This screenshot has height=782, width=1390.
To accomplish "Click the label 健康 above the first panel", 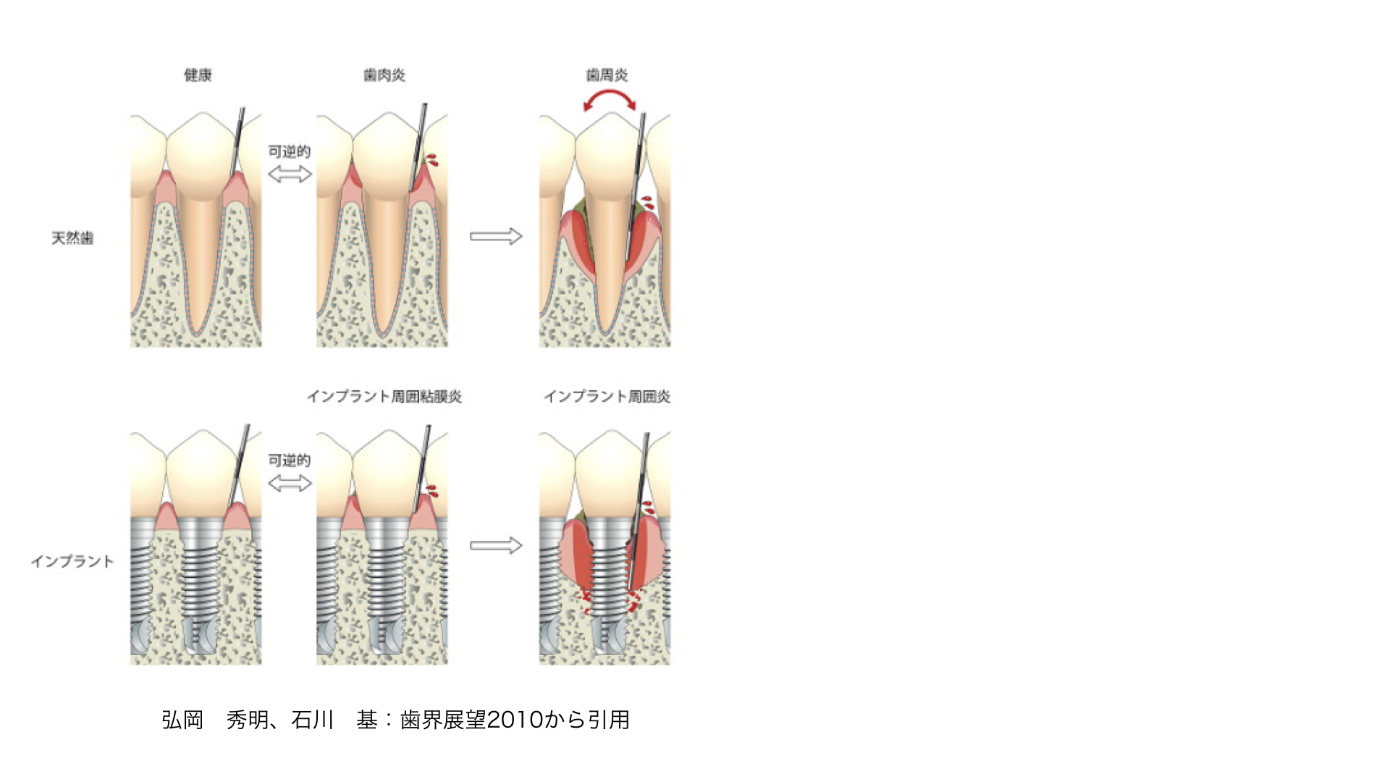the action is pyautogui.click(x=198, y=75).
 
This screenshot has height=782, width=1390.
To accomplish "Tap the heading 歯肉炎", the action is pyautogui.click(x=384, y=75).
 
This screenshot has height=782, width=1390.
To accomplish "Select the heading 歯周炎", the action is pyautogui.click(x=607, y=75).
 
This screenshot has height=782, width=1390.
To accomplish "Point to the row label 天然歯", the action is pyautogui.click(x=72, y=238).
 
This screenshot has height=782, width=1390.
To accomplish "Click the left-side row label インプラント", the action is pyautogui.click(x=72, y=562).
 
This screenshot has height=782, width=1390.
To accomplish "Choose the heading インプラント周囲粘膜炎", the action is pyautogui.click(x=384, y=397).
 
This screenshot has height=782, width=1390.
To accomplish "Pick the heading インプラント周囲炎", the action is pyautogui.click(x=607, y=397).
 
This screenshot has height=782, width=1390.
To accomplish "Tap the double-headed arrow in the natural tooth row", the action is pyautogui.click(x=290, y=174).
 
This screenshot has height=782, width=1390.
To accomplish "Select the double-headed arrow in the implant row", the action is pyautogui.click(x=290, y=483).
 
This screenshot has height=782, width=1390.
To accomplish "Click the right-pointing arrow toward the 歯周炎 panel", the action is pyautogui.click(x=496, y=236).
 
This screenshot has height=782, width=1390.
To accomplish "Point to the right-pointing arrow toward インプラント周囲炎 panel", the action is pyautogui.click(x=496, y=545).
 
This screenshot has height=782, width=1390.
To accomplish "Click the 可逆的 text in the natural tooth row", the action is pyautogui.click(x=290, y=151).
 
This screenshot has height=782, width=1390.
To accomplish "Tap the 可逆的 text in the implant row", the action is pyautogui.click(x=290, y=461).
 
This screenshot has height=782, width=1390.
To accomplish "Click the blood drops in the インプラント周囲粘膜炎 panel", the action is pyautogui.click(x=432, y=491).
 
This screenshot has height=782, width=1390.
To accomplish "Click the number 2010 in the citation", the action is pyautogui.click(x=515, y=720).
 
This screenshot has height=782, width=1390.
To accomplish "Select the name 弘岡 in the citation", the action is pyautogui.click(x=182, y=720).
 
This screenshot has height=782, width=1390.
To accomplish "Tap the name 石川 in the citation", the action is pyautogui.click(x=313, y=720).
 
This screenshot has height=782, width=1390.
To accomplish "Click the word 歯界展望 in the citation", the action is pyautogui.click(x=443, y=720).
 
